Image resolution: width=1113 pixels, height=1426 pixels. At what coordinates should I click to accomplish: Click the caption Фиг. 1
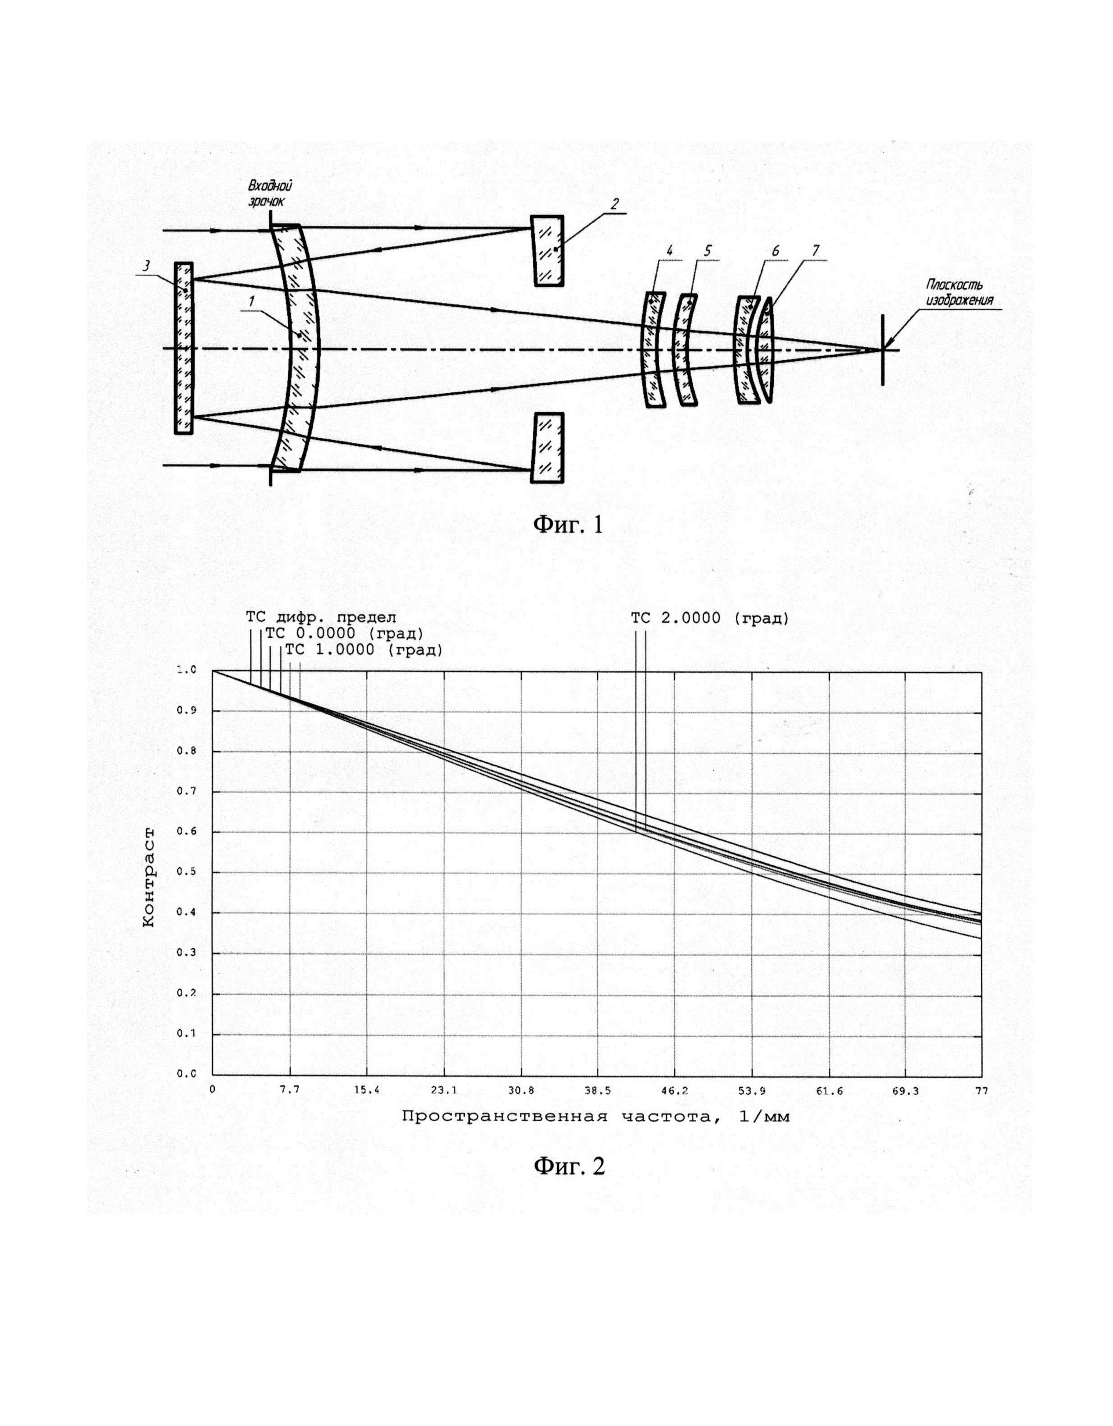point(569,524)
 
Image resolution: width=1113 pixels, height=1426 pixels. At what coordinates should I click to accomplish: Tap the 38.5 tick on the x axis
point(598,1090)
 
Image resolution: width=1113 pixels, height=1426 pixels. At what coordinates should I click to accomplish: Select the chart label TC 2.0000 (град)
point(710,618)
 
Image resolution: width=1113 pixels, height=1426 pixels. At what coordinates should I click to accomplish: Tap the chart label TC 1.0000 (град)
point(364,650)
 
